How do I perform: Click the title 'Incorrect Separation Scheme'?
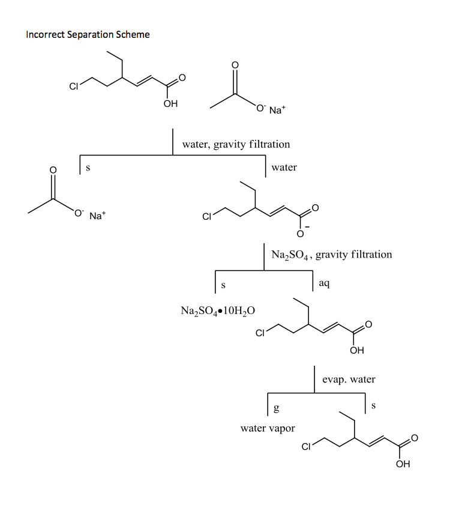88,35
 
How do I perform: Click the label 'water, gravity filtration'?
236,145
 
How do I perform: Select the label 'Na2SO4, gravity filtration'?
332,255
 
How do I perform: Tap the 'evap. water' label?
349,379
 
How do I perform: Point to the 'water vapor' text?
268,428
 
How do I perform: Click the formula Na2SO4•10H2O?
218,311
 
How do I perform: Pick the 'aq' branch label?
324,283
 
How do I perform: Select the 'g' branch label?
276,408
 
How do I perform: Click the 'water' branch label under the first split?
284,168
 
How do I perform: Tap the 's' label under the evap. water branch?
374,406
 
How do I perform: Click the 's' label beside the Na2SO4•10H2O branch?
223,285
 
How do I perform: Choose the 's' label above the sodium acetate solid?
88,168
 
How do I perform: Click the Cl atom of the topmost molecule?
73,86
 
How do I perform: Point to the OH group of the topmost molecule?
170,104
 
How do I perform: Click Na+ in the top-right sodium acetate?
277,110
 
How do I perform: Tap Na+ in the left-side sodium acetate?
97,216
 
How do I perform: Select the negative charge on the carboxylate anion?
307,227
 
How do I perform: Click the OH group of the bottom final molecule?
403,464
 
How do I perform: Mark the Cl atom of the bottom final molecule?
306,447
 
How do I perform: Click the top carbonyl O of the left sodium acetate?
53,170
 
